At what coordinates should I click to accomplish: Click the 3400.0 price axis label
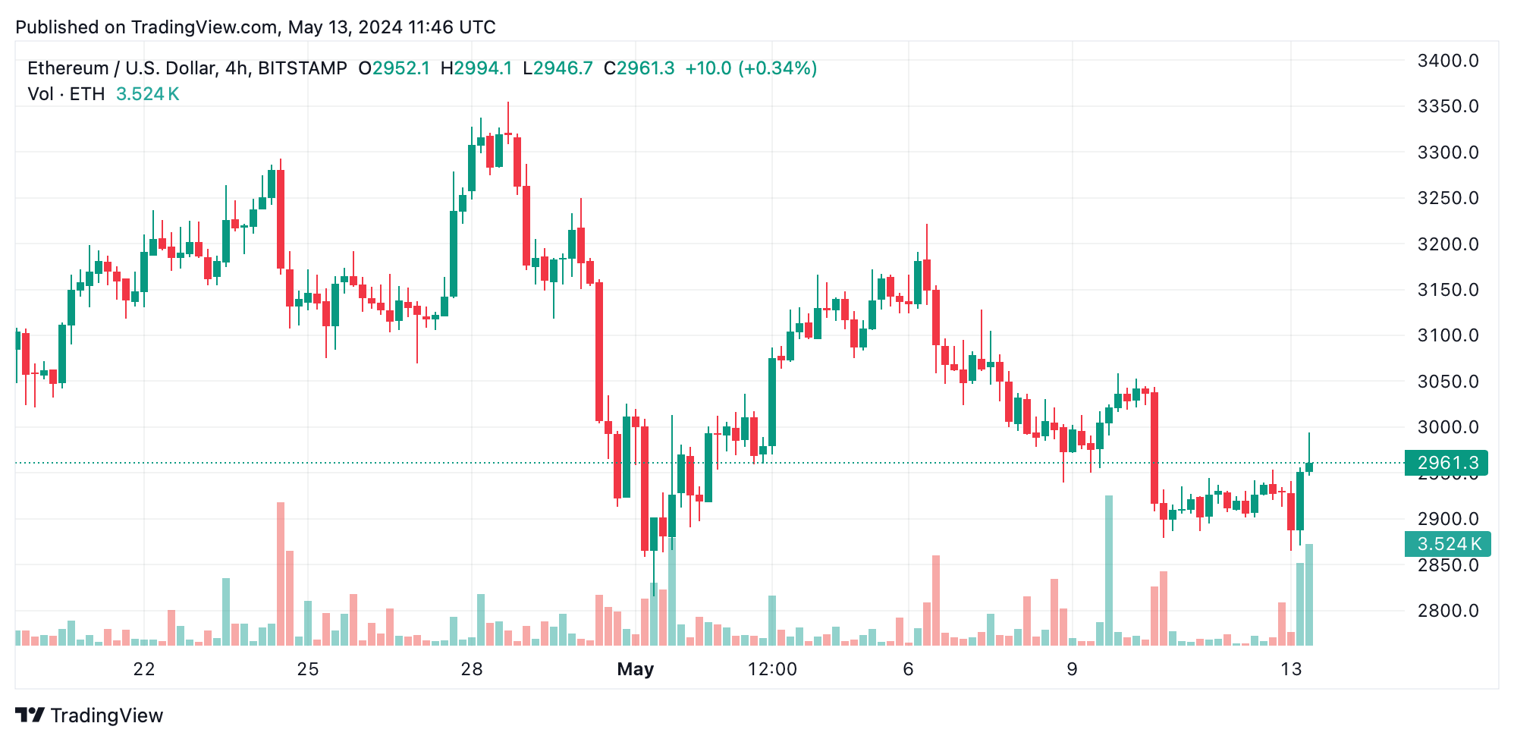click(x=1447, y=61)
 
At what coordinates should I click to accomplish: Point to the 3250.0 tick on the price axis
click(x=1447, y=198)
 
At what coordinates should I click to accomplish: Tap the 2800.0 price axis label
click(x=1447, y=611)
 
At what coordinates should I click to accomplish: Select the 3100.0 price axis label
click(x=1447, y=335)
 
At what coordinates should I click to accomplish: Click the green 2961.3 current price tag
click(x=1446, y=463)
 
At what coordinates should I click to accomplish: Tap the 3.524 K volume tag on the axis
click(x=1448, y=544)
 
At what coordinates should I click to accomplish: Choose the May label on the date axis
click(x=635, y=669)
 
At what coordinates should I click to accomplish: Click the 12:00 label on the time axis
click(x=772, y=669)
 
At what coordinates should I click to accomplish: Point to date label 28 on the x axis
click(x=472, y=669)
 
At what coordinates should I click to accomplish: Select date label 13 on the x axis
click(x=1291, y=669)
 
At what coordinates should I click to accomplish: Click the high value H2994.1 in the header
click(x=476, y=68)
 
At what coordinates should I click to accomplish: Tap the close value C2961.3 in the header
click(x=639, y=68)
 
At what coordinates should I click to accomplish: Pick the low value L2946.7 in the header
click(x=558, y=68)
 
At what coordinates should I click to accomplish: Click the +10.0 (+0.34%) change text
click(x=751, y=68)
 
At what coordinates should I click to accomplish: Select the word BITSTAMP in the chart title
click(x=302, y=68)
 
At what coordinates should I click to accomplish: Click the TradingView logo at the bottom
click(x=89, y=715)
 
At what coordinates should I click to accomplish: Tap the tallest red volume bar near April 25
click(x=281, y=574)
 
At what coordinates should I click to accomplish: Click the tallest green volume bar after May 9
click(x=1109, y=570)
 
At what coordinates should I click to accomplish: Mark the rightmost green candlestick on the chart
click(x=1309, y=466)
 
